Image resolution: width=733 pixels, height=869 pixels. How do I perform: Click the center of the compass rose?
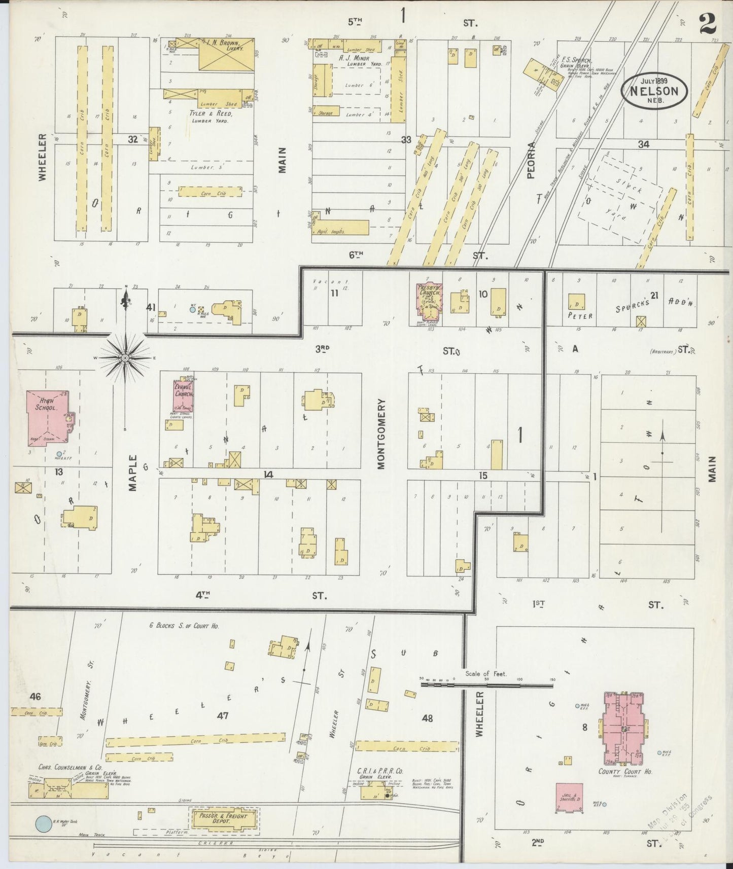125,358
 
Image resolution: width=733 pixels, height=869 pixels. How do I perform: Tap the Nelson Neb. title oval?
654,90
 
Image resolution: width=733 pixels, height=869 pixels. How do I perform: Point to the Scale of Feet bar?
487,684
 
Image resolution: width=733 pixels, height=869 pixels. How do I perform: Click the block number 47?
222,715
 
